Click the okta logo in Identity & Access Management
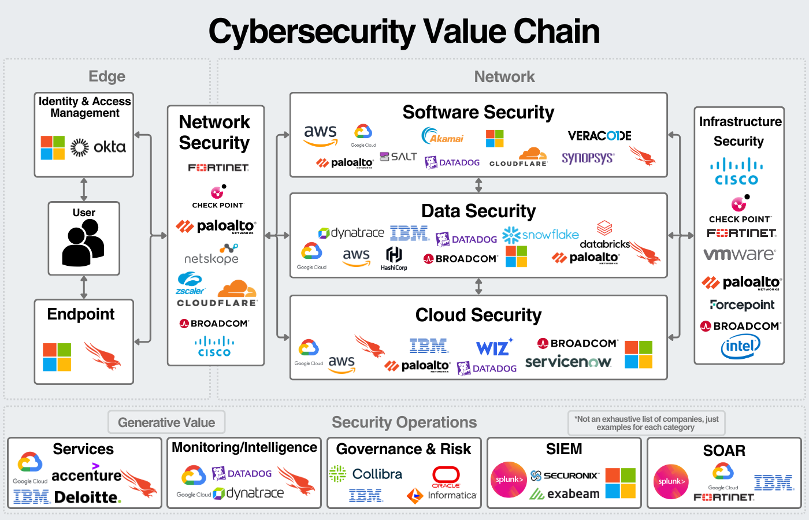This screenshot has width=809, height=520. point(98,147)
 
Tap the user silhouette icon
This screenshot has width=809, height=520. point(83,243)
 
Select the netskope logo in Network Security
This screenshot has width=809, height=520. point(211,255)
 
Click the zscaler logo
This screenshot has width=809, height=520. point(190,284)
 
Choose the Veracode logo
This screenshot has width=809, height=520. point(599,136)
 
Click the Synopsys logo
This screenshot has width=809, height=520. point(588,158)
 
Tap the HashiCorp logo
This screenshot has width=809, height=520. point(394,258)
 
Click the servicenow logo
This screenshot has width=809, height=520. point(568,362)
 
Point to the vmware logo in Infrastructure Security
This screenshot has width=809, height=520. point(739,254)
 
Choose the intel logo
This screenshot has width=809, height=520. point(740,346)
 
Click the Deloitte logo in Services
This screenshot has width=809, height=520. point(88,497)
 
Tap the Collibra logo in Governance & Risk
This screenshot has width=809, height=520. point(366,474)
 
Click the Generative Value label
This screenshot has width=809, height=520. point(166,422)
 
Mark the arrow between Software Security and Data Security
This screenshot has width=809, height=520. point(478,185)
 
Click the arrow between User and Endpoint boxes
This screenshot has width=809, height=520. point(84,287)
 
